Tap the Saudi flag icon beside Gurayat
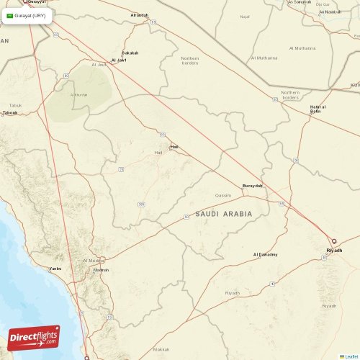click(x=10, y=16)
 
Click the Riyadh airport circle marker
click(x=333, y=242)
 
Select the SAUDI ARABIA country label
click(x=224, y=214)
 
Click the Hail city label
click(x=174, y=147)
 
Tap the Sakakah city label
click(x=130, y=53)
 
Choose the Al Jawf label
click(x=119, y=60)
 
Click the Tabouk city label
click(x=10, y=112)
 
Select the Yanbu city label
click(x=55, y=268)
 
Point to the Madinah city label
click(x=101, y=270)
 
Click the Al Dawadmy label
click(x=265, y=254)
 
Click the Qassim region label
click(x=223, y=195)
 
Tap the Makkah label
click(x=162, y=350)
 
